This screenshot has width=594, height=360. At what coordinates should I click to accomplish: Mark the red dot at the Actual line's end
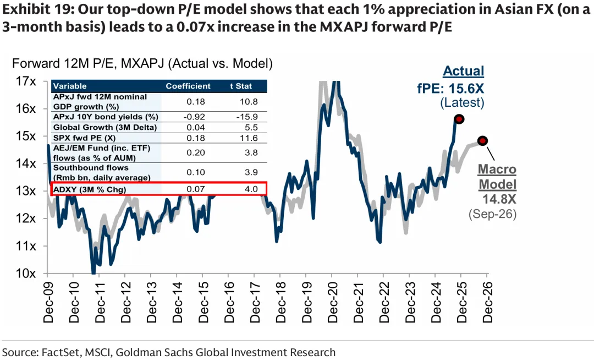[x=459, y=119]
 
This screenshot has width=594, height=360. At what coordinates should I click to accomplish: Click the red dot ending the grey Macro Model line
[x=483, y=140]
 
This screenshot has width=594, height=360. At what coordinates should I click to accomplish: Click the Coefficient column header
[x=188, y=86]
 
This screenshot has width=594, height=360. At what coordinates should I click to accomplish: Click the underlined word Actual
[x=463, y=71]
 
